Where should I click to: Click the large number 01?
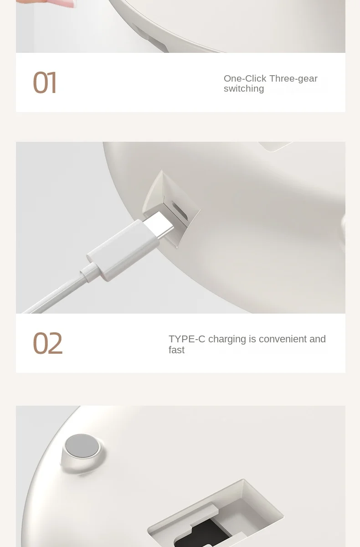(x=45, y=83)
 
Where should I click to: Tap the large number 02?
(x=47, y=343)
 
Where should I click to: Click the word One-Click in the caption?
(x=245, y=78)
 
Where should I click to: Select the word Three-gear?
(x=293, y=78)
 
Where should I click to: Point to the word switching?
(x=244, y=88)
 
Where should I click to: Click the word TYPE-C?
(x=187, y=339)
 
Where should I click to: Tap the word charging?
(x=227, y=340)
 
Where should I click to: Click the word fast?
(x=176, y=350)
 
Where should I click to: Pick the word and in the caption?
(x=318, y=339)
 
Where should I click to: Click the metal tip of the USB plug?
(x=159, y=225)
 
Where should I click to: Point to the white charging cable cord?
(x=54, y=296)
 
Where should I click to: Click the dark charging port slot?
(x=180, y=211)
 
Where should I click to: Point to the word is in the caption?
(x=252, y=339)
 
